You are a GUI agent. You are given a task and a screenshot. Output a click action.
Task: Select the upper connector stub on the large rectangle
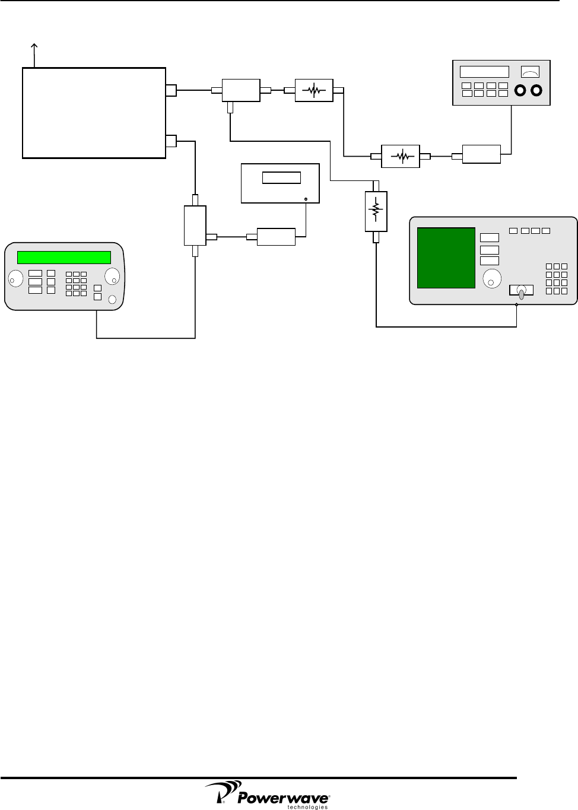pos(170,90)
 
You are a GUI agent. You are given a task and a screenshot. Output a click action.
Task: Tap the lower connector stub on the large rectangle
pos(170,141)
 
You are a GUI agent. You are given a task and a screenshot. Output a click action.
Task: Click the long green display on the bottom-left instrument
pos(64,257)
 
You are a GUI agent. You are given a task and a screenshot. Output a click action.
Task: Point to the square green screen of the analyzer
pos(446,258)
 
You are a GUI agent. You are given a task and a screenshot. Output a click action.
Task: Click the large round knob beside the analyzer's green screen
pos(491,277)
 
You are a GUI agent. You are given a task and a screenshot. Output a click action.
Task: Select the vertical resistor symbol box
pos(375,211)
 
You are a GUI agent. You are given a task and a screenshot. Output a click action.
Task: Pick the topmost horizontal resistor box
pos(314,91)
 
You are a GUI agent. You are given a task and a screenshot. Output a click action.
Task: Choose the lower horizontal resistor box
pos(401,156)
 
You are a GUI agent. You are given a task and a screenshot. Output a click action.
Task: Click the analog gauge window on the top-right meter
pos(529,72)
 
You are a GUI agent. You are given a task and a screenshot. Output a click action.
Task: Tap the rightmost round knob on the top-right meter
pos(537,91)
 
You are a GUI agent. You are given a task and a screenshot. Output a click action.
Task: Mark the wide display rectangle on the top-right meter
pos(484,72)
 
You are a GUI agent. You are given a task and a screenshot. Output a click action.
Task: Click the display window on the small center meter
pos(281,177)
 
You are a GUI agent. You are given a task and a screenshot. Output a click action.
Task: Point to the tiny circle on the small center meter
pos(305,199)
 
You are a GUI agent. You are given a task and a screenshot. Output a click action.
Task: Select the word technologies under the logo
pos(307,807)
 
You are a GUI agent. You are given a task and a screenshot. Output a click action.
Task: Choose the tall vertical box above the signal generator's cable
pos(195,225)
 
